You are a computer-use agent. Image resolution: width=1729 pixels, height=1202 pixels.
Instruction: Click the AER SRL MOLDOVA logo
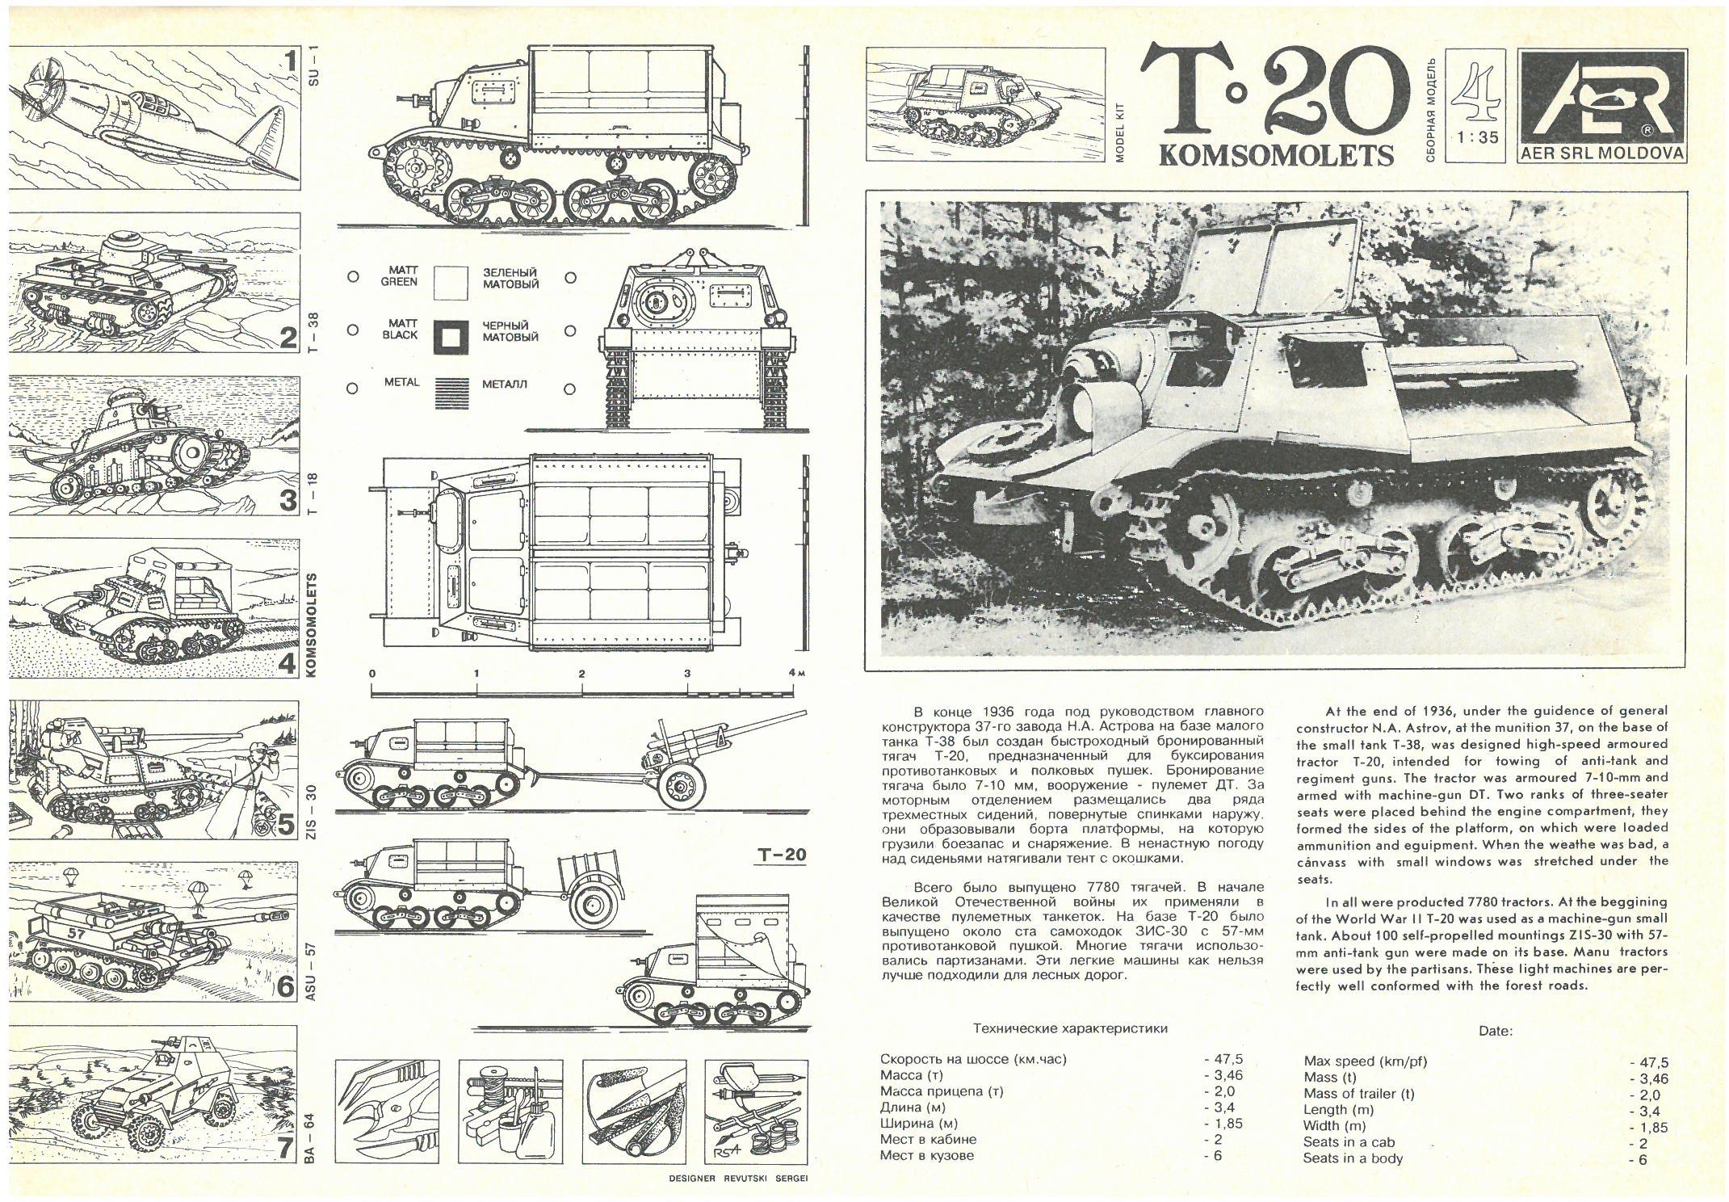click(x=1602, y=106)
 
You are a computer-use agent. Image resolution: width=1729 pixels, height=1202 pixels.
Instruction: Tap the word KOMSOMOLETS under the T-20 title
click(x=1276, y=154)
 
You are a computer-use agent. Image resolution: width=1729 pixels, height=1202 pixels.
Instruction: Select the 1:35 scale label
click(x=1478, y=137)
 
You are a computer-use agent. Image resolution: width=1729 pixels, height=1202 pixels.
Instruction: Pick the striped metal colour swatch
click(x=451, y=391)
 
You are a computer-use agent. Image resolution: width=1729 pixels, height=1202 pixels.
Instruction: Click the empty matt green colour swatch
click(x=451, y=282)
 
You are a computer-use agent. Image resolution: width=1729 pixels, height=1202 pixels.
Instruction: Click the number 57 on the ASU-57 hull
click(x=78, y=932)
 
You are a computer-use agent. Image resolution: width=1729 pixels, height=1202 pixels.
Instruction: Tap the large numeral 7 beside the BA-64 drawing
click(x=285, y=1147)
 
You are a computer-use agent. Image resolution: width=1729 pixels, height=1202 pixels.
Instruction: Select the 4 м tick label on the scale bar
click(x=795, y=673)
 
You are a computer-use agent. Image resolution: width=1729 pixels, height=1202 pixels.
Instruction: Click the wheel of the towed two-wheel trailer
click(x=592, y=907)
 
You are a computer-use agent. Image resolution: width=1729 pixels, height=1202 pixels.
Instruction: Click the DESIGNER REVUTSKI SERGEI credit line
click(x=738, y=1178)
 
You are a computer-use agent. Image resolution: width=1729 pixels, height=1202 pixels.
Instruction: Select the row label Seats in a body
click(x=1353, y=1158)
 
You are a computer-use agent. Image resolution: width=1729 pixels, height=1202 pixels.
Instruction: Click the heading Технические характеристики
click(x=1070, y=1028)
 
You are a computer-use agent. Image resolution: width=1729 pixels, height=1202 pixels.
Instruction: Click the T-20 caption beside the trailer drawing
click(x=782, y=855)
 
